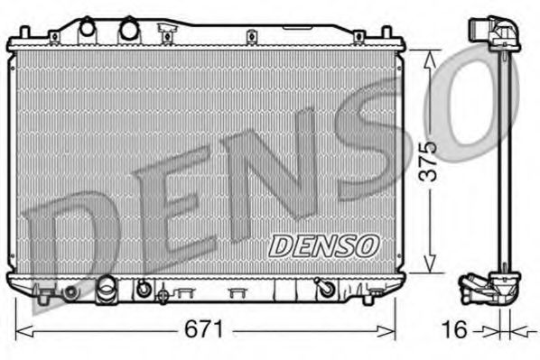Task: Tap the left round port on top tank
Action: click(x=88, y=28)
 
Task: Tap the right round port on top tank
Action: click(x=129, y=29)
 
